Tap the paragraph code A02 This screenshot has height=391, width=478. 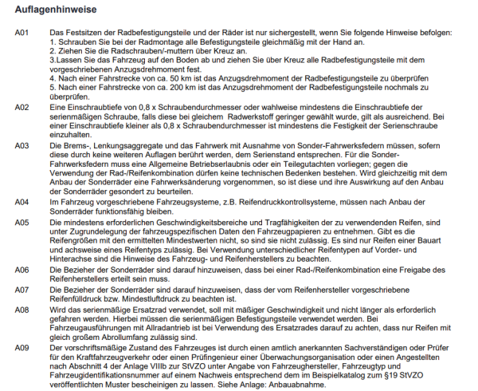pos(22,107)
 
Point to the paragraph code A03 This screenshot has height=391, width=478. pos(22,144)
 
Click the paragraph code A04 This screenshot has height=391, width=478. pos(22,203)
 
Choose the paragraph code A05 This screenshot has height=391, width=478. pos(22,221)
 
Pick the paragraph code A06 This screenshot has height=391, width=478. pos(22,269)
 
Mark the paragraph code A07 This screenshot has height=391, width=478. pos(22,288)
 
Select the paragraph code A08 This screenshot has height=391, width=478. pos(22,307)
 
